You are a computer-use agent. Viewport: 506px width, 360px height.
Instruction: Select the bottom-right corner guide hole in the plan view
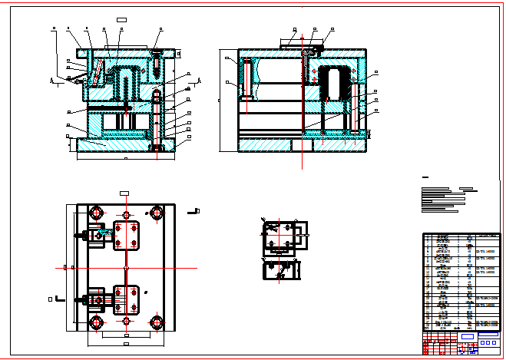pyautogui.click(x=157, y=322)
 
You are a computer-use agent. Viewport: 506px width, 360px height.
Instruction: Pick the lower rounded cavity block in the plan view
pyautogui.click(x=127, y=299)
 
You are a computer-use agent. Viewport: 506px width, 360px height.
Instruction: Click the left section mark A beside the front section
pyautogui.click(x=51, y=80)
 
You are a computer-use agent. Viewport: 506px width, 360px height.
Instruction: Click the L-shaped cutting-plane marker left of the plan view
pyautogui.click(x=61, y=299)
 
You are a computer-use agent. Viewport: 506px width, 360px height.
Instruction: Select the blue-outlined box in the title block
pyautogui.click(x=467, y=336)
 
